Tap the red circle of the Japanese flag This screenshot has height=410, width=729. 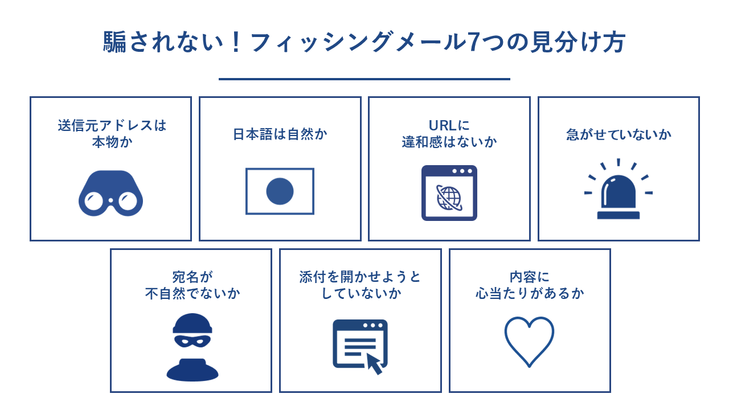[280, 191]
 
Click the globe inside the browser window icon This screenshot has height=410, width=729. [449, 198]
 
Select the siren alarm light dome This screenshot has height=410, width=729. [619, 192]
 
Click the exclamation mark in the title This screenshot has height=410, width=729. [236, 42]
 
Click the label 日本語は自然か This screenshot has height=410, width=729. [280, 134]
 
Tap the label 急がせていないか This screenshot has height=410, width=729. [619, 134]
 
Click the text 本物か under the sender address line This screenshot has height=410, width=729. [112, 142]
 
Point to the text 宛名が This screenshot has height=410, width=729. [193, 277]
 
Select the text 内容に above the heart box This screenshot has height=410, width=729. [530, 277]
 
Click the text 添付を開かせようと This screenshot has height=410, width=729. [360, 277]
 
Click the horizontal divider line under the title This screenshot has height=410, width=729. [364, 79]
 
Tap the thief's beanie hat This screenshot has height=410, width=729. [193, 323]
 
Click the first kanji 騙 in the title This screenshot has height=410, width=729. [114, 42]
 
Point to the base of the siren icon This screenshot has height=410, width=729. [619, 215]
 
